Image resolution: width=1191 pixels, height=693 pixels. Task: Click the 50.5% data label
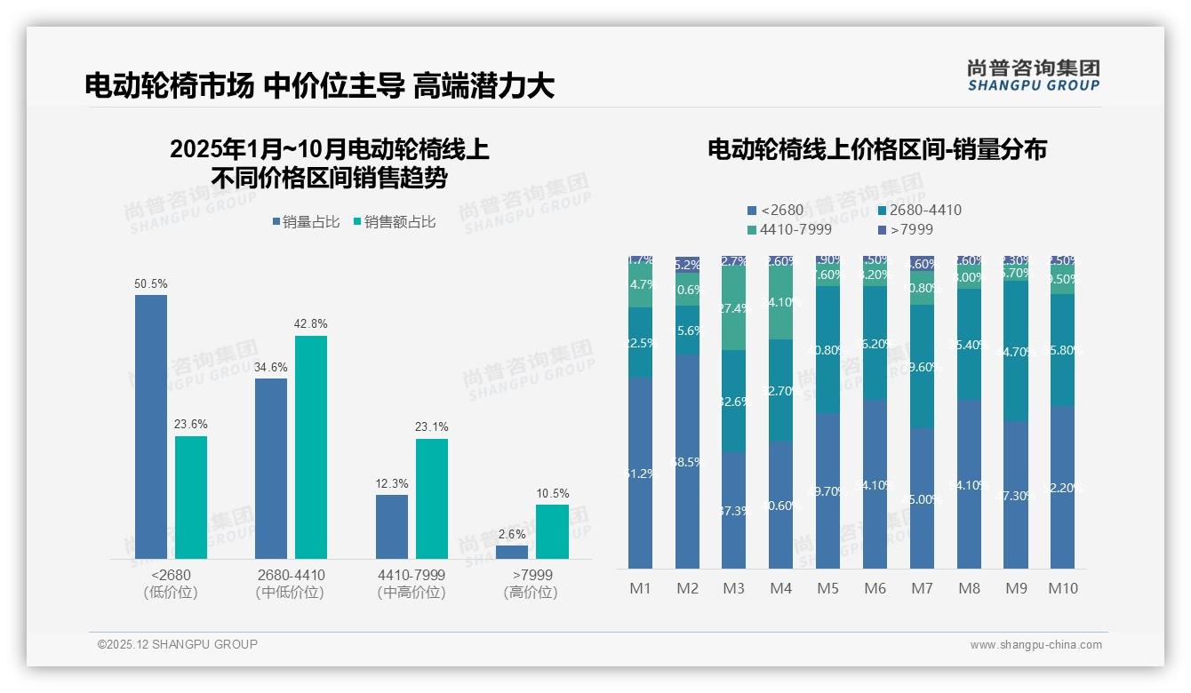coord(150,283)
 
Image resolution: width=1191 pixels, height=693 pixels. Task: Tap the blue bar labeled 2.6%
coord(512,552)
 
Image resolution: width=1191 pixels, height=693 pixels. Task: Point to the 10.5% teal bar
coord(552,531)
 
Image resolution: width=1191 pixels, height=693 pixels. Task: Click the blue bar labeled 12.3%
coord(392,526)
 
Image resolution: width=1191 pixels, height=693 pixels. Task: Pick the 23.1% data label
coord(431,427)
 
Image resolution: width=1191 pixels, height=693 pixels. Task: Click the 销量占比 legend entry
coord(306,222)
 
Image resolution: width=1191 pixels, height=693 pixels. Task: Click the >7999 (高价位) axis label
coord(532,583)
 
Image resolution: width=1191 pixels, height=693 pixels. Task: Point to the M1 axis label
coord(640,588)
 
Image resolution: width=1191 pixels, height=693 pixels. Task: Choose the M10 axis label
coord(1063,588)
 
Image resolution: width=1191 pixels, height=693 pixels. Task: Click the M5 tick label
coord(827,588)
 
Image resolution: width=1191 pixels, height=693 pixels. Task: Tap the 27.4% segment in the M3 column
coord(733,308)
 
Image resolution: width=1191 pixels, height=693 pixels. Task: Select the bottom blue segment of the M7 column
coord(922,498)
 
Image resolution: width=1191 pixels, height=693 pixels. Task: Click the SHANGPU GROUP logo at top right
coord(1033,76)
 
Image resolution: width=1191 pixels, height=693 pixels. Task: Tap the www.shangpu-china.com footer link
coord(1035,645)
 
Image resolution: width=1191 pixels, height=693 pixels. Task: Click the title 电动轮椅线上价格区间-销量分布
coord(876,149)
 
